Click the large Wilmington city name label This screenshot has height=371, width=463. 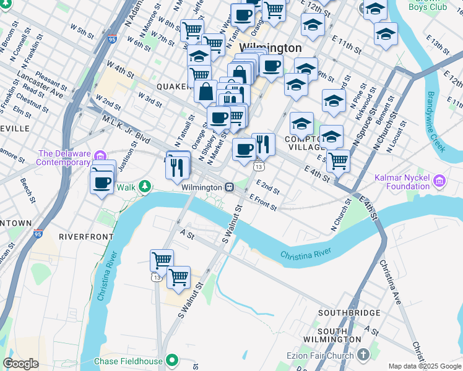point(270,48)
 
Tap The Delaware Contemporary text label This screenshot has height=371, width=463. point(63,158)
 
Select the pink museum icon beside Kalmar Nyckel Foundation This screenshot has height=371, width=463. point(440,181)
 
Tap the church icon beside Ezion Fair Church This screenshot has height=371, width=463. point(362,355)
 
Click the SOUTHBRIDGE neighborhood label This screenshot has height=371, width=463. point(348,313)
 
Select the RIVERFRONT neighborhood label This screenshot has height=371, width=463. point(86,236)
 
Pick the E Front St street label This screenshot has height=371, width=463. point(262,202)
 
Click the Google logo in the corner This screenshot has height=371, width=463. point(20,364)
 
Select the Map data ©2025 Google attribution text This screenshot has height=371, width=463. point(425,366)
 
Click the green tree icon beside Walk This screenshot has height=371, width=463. point(144,185)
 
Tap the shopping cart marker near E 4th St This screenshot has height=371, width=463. point(338,160)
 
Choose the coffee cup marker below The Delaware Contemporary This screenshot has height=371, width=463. point(102,181)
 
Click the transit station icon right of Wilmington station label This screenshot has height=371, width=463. point(229,187)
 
